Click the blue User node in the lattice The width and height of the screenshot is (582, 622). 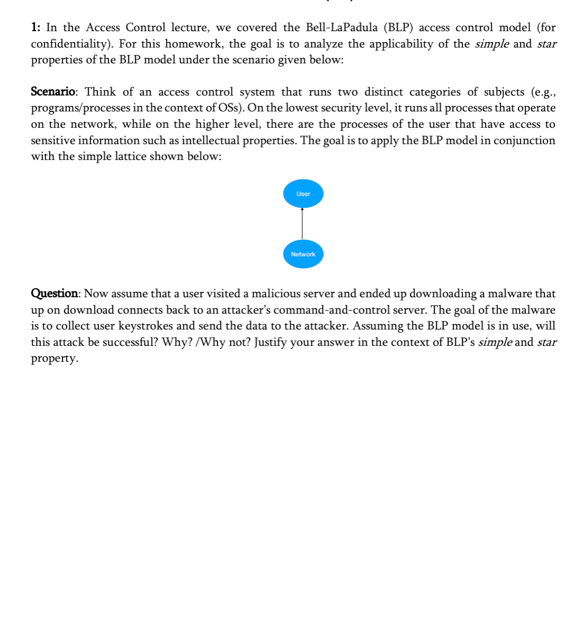pos(303,194)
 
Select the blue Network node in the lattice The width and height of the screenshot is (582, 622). pos(303,254)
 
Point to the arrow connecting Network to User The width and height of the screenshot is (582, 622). pos(302,224)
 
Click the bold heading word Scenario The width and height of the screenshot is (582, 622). pos(53,92)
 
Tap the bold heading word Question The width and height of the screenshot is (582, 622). pos(54,294)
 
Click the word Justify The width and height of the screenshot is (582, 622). pos(273,342)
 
